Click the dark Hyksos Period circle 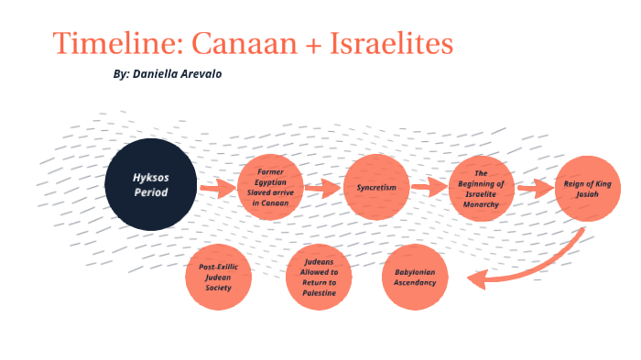pos(150,184)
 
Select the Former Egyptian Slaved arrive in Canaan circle pos(269,188)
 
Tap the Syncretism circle pos(375,187)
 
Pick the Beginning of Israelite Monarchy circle pos(482,188)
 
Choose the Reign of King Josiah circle pos(582,188)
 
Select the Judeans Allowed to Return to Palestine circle pos(319,277)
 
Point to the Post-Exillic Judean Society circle pos(218,277)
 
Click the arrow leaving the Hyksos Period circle pos(217,191)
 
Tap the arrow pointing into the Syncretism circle pos(322,190)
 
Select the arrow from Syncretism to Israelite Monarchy pos(428,189)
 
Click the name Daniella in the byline pos(158,74)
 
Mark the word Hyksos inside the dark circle pos(150,177)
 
